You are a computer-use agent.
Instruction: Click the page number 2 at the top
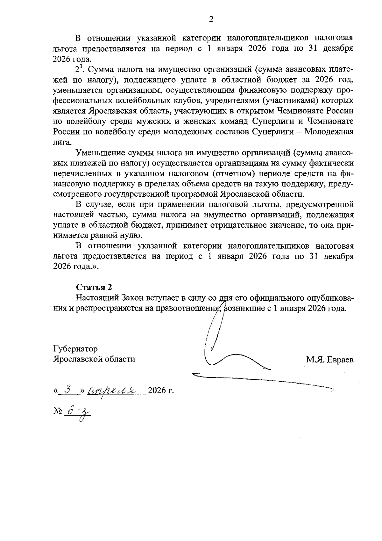point(211,20)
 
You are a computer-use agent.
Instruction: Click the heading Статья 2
point(94,287)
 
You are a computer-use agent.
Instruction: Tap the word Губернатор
point(75,349)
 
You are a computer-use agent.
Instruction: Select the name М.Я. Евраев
point(330,360)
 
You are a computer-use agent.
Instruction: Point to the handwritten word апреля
point(112,390)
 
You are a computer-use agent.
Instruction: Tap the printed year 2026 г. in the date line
point(161,391)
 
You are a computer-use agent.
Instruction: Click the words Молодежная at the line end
point(329,132)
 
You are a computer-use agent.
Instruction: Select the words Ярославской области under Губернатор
point(94,359)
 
